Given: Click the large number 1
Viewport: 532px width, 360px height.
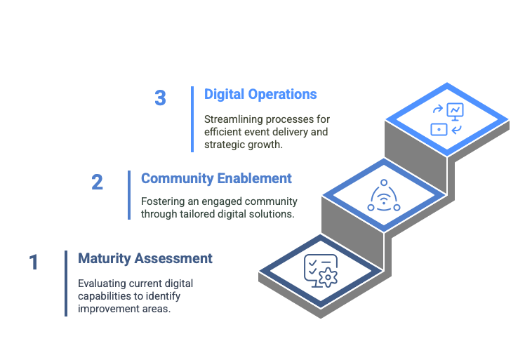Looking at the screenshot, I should point(34,262).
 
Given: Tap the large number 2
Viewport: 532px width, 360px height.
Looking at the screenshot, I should point(97,182).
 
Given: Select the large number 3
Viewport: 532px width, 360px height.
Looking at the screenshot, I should point(160,98).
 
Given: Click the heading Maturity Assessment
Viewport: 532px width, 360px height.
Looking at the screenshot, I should point(145,258).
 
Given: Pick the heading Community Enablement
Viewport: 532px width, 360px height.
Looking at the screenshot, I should point(216,178).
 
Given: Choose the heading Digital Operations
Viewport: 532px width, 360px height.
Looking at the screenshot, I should point(260,94).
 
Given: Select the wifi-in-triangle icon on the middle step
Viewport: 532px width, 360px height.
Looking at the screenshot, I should point(384,197).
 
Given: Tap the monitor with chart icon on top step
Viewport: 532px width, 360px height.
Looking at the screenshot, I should point(455,110).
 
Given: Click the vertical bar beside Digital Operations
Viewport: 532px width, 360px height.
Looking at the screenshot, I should point(192,119).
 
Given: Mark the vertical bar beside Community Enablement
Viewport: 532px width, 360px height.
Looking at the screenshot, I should point(129,195).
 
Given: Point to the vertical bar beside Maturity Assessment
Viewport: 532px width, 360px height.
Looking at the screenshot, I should point(66,283).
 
